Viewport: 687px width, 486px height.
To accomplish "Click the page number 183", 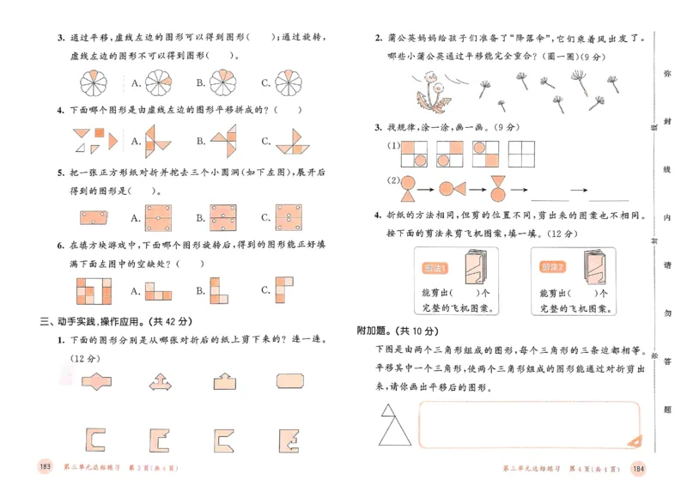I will [46, 466].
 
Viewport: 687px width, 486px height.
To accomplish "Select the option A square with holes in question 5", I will [159, 216].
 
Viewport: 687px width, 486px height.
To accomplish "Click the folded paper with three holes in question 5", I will [92, 216].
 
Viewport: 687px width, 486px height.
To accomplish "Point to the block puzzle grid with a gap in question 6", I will [93, 292].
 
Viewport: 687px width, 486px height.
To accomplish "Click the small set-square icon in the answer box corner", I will [634, 440].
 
